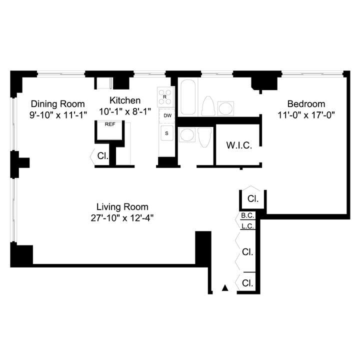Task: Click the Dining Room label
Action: (x=58, y=104)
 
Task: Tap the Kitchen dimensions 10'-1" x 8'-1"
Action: (x=125, y=111)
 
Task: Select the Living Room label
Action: (x=122, y=207)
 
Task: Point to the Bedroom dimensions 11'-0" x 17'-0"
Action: (x=306, y=115)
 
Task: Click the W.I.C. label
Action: (x=239, y=145)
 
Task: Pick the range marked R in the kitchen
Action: (x=166, y=97)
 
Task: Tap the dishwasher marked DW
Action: (x=167, y=115)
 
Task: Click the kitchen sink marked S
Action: (x=166, y=133)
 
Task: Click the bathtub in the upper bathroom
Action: (x=188, y=97)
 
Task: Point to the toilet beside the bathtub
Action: (x=208, y=106)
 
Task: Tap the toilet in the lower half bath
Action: (x=204, y=137)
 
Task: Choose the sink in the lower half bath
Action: (x=187, y=135)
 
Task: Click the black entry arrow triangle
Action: (x=225, y=288)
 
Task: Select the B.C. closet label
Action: (x=247, y=215)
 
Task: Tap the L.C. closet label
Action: (x=247, y=226)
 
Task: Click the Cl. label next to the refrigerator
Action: (x=102, y=156)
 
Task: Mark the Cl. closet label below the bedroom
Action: (x=253, y=198)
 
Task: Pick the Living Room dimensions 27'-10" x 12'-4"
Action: (x=122, y=218)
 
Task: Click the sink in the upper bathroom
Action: (x=225, y=108)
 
